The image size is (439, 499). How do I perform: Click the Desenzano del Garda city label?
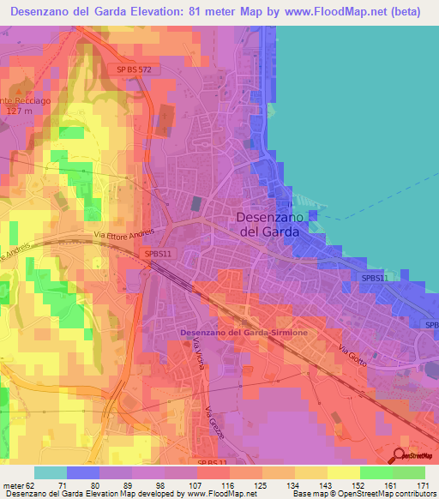pos(268,225)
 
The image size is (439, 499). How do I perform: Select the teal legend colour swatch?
pos(50,472)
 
